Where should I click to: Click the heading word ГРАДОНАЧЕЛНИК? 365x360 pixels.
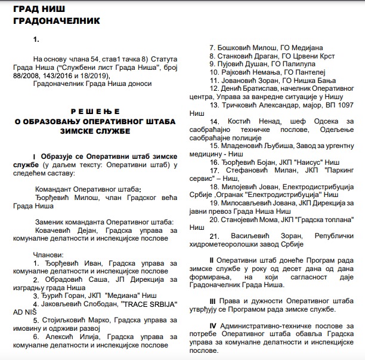pos(52,21)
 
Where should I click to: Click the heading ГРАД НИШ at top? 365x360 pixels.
pos(37,8)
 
